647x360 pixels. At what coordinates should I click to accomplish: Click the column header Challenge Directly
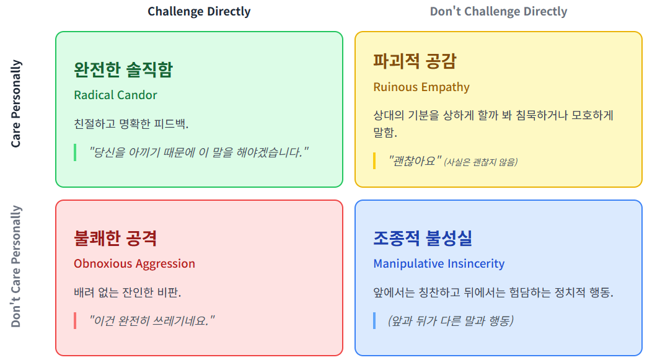pyautogui.click(x=199, y=12)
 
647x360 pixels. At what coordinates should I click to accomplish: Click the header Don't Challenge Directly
pyautogui.click(x=498, y=12)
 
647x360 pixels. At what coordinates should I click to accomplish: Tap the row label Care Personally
pyautogui.click(x=16, y=103)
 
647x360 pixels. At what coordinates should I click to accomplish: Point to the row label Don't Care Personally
pyautogui.click(x=16, y=266)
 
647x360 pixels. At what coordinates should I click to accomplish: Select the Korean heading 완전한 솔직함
pyautogui.click(x=123, y=69)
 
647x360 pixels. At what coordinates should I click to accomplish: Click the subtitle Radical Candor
pyautogui.click(x=115, y=95)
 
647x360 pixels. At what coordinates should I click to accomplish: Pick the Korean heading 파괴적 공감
pyautogui.click(x=415, y=61)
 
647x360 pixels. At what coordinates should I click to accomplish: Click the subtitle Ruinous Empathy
pyautogui.click(x=421, y=87)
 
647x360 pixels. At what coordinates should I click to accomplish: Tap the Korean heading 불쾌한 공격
pyautogui.click(x=115, y=238)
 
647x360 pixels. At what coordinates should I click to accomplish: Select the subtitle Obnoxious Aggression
pyautogui.click(x=134, y=263)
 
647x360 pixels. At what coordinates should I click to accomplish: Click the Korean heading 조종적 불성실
pyautogui.click(x=423, y=238)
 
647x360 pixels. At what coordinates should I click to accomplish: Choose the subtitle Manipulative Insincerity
pyautogui.click(x=439, y=263)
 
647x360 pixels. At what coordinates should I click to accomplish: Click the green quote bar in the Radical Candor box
pyautogui.click(x=75, y=152)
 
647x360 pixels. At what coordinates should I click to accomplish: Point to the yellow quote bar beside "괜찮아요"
pyautogui.click(x=374, y=160)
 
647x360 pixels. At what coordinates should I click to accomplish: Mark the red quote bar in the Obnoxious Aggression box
pyautogui.click(x=75, y=320)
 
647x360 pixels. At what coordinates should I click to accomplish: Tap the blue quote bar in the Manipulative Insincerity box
pyautogui.click(x=374, y=320)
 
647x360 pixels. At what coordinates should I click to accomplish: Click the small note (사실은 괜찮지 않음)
pyautogui.click(x=481, y=162)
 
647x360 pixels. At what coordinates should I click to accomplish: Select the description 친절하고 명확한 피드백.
pyautogui.click(x=131, y=123)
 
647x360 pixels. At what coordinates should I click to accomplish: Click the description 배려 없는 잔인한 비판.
pyautogui.click(x=128, y=292)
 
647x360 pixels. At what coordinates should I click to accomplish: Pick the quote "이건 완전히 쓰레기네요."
pyautogui.click(x=152, y=320)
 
